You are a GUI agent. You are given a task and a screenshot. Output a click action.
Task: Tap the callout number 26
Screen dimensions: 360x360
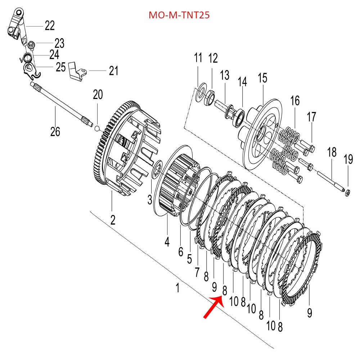click(55, 132)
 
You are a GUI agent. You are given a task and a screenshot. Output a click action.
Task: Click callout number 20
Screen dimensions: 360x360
click(98, 95)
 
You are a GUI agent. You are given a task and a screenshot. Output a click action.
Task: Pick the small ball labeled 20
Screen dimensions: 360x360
click(97, 128)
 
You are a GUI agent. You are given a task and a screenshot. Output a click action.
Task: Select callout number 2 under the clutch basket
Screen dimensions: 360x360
click(113, 220)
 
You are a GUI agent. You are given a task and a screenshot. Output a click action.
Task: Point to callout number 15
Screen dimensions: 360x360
click(262, 78)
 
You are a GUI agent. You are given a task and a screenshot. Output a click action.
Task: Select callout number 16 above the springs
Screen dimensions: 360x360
click(295, 101)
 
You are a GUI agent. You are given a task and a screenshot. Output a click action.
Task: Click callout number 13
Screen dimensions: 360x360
click(225, 76)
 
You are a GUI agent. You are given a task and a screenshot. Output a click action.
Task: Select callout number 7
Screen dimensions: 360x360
click(197, 273)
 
